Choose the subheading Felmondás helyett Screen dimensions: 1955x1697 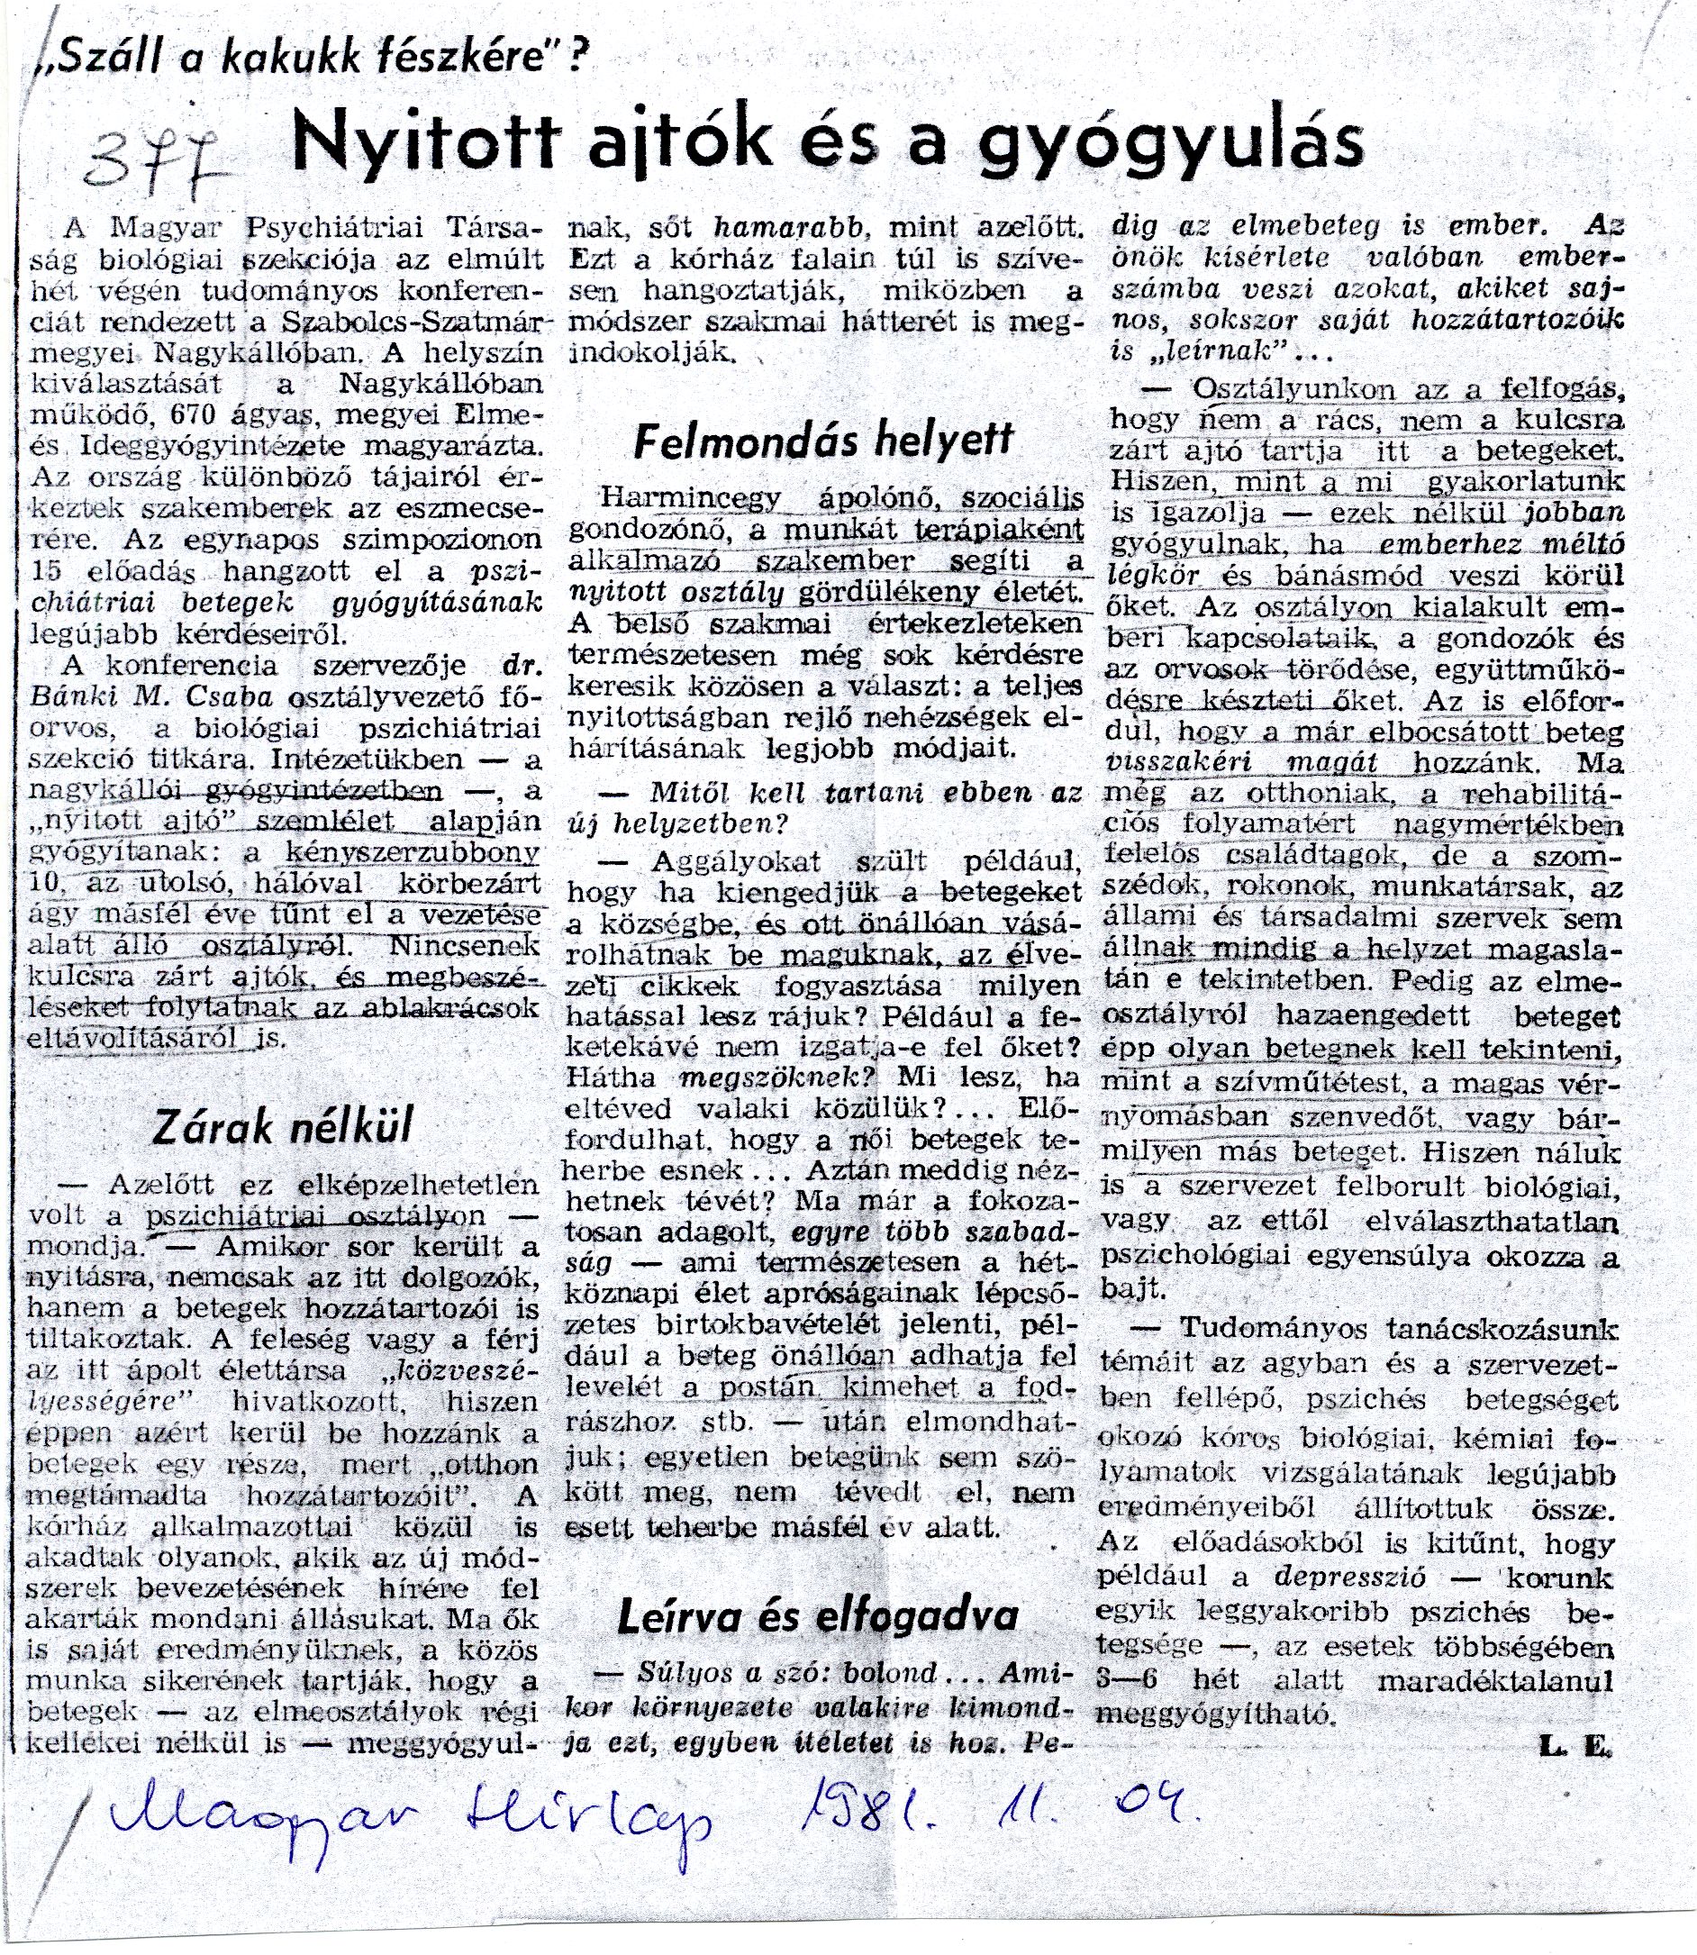[823, 441]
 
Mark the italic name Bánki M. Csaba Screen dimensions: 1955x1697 [152, 696]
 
